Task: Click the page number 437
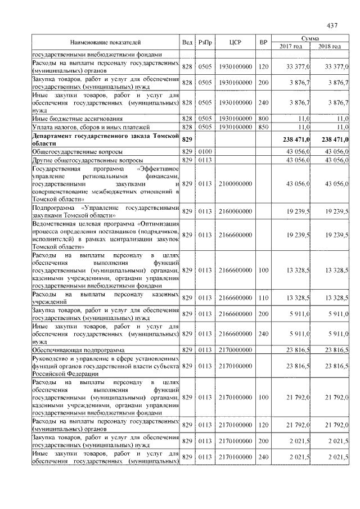[x=331, y=25]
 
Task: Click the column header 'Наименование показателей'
[x=105, y=42]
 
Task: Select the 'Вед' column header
[x=187, y=42]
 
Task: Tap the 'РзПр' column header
[x=205, y=42]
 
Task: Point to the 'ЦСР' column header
[x=235, y=42]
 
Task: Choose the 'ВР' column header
[x=263, y=42]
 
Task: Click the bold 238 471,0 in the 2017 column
[x=295, y=139]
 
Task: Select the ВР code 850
[x=263, y=127]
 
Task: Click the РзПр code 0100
[x=205, y=152]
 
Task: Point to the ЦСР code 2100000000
[x=235, y=184]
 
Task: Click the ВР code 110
[x=263, y=297]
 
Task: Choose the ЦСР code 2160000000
[x=235, y=211]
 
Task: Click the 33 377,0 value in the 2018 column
[x=336, y=67]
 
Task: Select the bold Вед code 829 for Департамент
[x=187, y=139]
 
